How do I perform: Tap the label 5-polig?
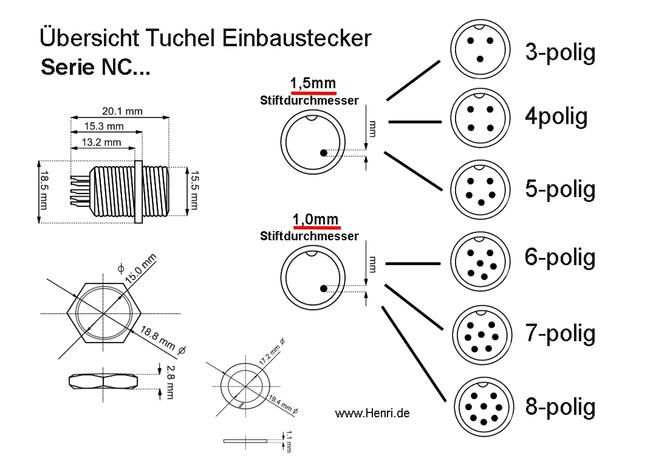point(560,189)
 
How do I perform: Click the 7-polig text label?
point(560,333)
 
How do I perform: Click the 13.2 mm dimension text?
point(103,143)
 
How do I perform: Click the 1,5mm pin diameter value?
point(313,83)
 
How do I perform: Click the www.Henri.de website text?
point(372,413)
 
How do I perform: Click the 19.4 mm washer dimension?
point(283,404)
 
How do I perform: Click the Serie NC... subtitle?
point(95,67)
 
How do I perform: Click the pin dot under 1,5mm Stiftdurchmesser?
point(324,153)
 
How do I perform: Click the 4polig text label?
point(556,116)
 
